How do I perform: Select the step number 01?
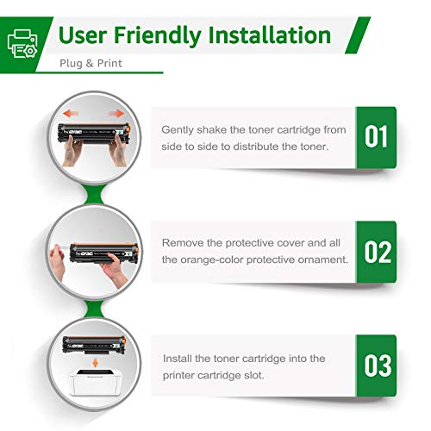click(376, 137)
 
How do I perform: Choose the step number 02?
click(376, 252)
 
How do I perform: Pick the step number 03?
click(376, 365)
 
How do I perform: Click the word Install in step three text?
click(178, 358)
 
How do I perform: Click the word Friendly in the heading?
click(168, 35)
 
